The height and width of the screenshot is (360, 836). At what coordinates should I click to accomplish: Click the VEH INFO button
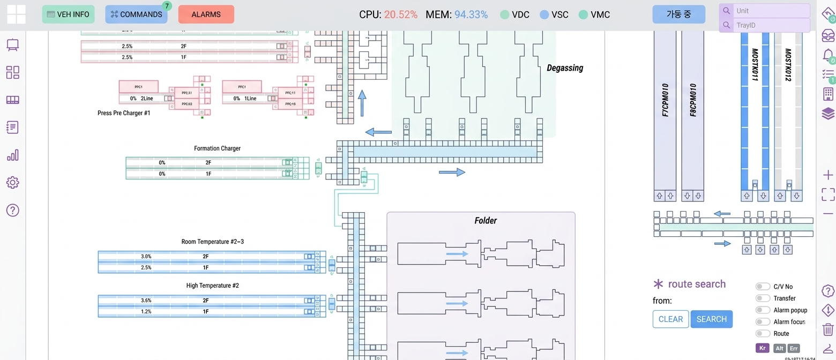pyautogui.click(x=68, y=14)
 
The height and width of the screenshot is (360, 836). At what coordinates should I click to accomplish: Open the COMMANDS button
pyautogui.click(x=136, y=14)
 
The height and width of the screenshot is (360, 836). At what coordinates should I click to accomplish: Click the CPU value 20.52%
pyautogui.click(x=400, y=14)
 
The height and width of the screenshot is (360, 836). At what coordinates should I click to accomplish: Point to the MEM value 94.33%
pyautogui.click(x=471, y=14)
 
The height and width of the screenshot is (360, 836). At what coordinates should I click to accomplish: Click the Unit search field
pyautogui.click(x=770, y=11)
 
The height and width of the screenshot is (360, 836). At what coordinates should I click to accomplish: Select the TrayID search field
pyautogui.click(x=770, y=25)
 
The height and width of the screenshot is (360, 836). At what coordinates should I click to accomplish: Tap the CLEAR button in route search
pyautogui.click(x=670, y=319)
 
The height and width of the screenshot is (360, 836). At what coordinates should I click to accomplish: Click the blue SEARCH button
pyautogui.click(x=711, y=319)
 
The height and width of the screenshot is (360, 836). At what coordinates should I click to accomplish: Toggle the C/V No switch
pyautogui.click(x=763, y=287)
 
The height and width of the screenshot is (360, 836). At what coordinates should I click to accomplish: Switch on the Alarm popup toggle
pyautogui.click(x=763, y=310)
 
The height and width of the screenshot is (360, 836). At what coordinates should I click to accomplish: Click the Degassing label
pyautogui.click(x=564, y=68)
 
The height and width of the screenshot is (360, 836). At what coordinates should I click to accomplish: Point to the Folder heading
pyautogui.click(x=486, y=221)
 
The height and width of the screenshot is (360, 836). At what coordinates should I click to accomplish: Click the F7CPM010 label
pyautogui.click(x=665, y=100)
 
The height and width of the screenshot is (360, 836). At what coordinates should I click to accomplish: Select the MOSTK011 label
pyautogui.click(x=755, y=65)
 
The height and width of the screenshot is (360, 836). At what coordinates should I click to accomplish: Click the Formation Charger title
pyautogui.click(x=217, y=148)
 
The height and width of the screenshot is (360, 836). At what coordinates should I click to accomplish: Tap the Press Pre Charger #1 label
pyautogui.click(x=124, y=113)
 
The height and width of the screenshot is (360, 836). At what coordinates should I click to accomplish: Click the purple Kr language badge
pyautogui.click(x=762, y=348)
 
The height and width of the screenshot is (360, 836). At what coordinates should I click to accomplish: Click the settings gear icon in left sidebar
pyautogui.click(x=13, y=182)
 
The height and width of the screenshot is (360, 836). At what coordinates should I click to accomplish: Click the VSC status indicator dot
pyautogui.click(x=544, y=14)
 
